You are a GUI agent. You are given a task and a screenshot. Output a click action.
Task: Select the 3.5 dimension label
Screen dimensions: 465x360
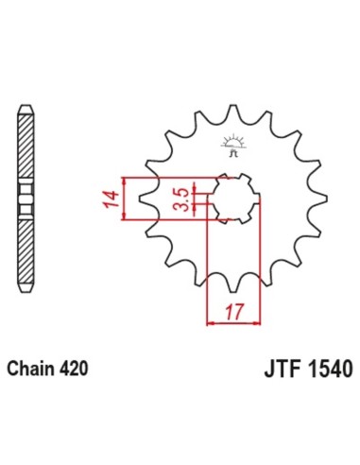tap(180, 200)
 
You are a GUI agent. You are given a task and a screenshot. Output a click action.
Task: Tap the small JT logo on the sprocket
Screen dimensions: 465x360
tap(231, 145)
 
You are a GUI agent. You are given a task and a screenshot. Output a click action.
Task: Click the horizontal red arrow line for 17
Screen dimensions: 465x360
tap(231, 322)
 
